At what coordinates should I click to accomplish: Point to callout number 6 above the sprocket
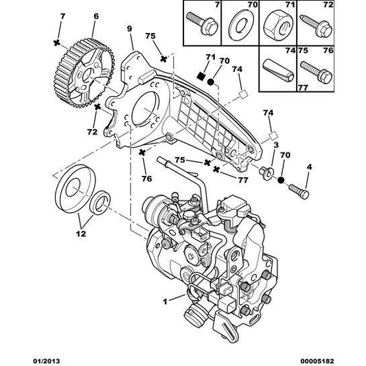pyautogui.click(x=95, y=16)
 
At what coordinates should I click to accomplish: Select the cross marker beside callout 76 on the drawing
pyautogui.click(x=143, y=152)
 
